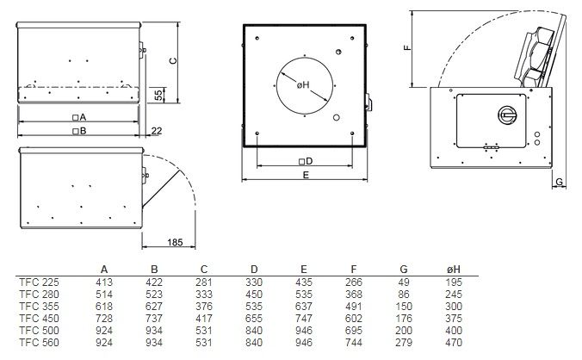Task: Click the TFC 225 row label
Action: point(39,282)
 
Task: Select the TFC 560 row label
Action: point(39,343)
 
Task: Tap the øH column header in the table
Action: point(454,270)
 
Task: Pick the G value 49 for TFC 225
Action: point(404,282)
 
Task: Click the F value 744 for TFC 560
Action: point(354,343)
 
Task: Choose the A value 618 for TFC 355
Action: point(104,307)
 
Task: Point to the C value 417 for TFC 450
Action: point(204,319)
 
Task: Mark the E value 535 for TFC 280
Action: point(304,295)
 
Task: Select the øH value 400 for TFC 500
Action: point(454,331)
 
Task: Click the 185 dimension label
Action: point(175,242)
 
